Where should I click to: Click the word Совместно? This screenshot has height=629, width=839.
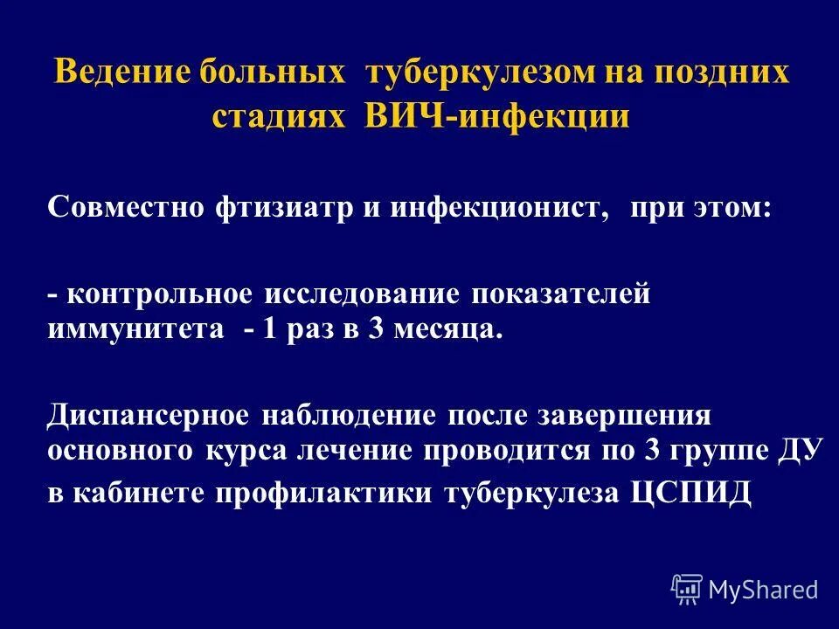click(x=123, y=211)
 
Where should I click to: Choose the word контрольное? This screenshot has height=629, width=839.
click(x=159, y=294)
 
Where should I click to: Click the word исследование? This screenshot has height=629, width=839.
click(x=362, y=294)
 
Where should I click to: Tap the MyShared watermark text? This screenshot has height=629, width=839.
click(x=763, y=590)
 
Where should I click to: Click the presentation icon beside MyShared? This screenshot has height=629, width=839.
click(x=687, y=590)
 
